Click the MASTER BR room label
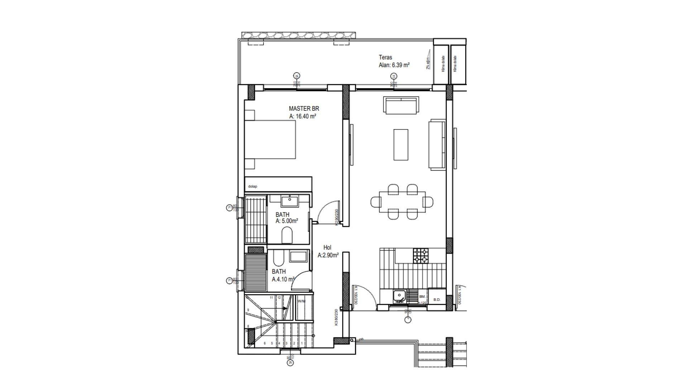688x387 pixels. point(304,109)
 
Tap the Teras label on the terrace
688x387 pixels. point(385,57)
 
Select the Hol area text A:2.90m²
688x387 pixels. point(328,255)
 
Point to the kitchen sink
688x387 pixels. point(399,296)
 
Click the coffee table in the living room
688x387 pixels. point(401,144)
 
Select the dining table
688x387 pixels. point(402,202)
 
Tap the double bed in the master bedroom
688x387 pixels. point(270,139)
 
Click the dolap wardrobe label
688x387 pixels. point(253,186)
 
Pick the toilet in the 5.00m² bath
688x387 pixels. point(287,236)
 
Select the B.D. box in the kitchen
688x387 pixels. point(436,300)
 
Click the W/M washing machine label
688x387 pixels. point(302,301)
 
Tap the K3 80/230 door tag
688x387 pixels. point(336,317)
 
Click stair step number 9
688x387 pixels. point(248,310)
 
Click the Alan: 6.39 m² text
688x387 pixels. point(394,65)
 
